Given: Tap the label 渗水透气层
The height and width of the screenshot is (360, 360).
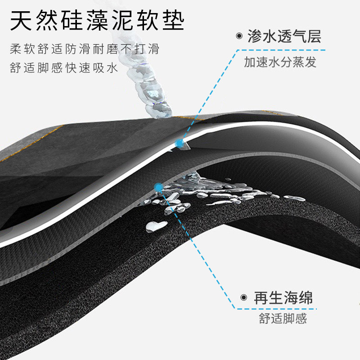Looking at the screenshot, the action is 284,36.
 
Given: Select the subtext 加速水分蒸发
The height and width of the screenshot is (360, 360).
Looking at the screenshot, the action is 280,62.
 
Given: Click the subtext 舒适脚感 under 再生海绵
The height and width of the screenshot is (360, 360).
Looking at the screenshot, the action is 283,319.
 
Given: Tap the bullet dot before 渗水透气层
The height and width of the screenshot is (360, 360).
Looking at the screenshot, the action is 238,36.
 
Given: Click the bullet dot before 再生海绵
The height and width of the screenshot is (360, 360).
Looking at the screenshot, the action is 243,297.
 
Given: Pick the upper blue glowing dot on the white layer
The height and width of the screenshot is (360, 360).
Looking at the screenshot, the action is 180,144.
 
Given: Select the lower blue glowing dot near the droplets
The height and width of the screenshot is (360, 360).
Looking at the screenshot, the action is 158,186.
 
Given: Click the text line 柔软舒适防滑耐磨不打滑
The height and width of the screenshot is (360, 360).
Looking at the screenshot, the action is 85,49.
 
